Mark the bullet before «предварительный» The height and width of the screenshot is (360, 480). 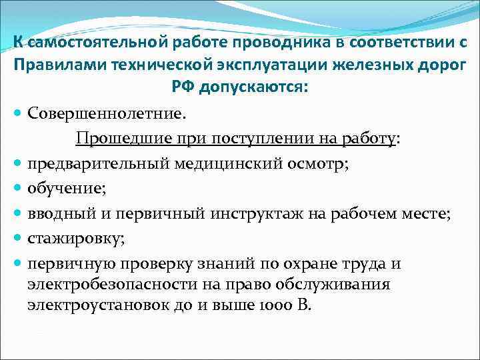tap(18, 164)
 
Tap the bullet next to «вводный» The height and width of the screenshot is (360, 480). tap(18, 214)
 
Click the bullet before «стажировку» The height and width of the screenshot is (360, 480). tap(18, 239)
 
